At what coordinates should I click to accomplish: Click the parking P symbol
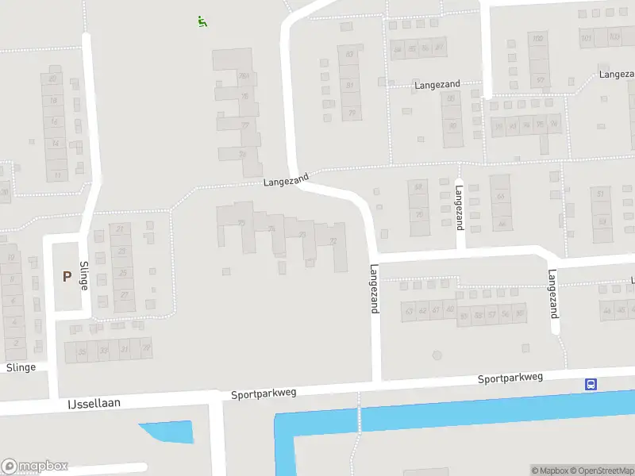click(67, 276)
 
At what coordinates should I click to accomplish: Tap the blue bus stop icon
click(591, 384)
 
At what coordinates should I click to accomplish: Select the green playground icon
click(202, 21)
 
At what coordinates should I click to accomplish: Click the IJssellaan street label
click(94, 403)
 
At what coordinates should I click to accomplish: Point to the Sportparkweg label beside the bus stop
click(510, 378)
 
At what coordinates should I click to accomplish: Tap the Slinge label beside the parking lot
click(83, 275)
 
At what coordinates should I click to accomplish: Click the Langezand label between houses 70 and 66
click(460, 207)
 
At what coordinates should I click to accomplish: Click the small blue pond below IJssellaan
click(169, 431)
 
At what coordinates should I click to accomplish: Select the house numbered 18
click(54, 101)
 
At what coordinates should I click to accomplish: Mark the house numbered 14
click(56, 144)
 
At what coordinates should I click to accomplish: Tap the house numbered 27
click(124, 294)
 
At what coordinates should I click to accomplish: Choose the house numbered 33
click(103, 349)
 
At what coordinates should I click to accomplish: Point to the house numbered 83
click(349, 54)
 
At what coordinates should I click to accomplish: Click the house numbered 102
click(538, 39)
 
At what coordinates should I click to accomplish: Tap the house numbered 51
click(601, 194)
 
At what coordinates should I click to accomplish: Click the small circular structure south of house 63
click(436, 355)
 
